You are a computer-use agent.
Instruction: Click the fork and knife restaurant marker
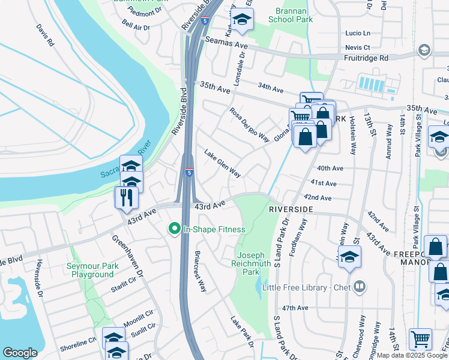point(126,197)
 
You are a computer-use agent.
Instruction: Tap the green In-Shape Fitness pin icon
point(175,229)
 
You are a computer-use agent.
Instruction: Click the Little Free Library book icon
point(360,286)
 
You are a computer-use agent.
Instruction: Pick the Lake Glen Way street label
point(223,164)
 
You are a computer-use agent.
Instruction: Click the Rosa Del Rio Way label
point(249,124)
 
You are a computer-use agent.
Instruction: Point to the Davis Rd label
point(45,35)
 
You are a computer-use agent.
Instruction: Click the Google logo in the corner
point(20,353)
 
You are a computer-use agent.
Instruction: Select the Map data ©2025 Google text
point(412,355)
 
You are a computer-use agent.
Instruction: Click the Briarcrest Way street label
point(200,271)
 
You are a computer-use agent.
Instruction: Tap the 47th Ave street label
point(295,308)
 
